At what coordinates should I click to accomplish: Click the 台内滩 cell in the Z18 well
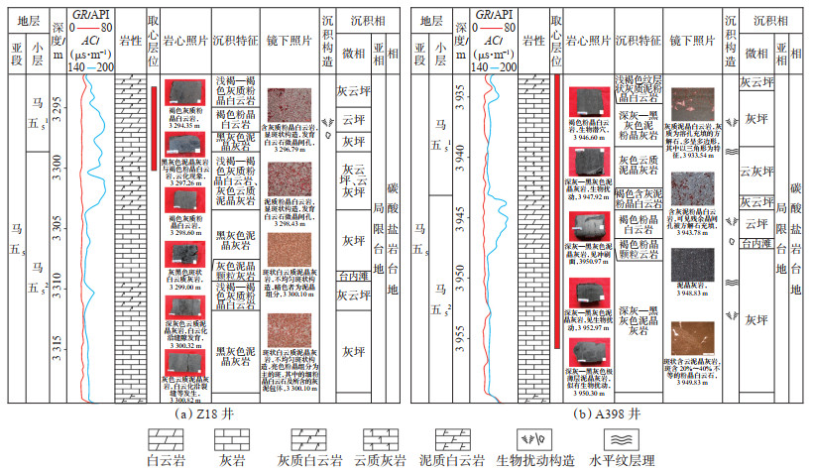353,279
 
